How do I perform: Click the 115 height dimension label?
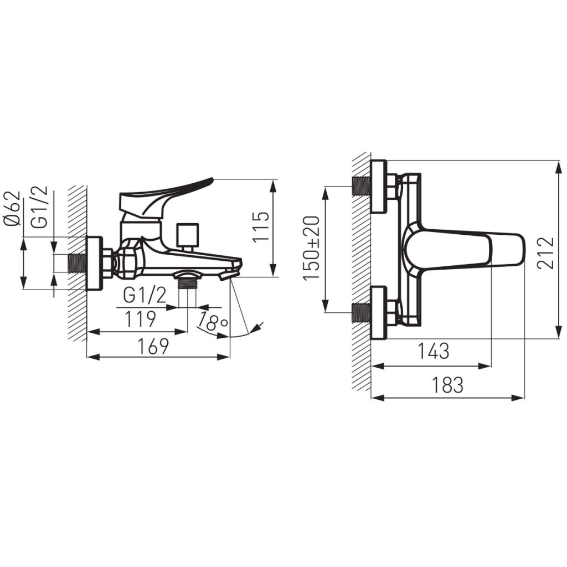pyautogui.click(x=261, y=227)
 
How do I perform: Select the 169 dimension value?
pyautogui.click(x=154, y=346)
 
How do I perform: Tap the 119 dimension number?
pyautogui.click(x=140, y=319)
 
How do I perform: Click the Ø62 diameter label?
pyautogui.click(x=13, y=209)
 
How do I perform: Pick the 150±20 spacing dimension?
pyautogui.click(x=311, y=248)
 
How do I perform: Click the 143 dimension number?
pyautogui.click(x=434, y=350)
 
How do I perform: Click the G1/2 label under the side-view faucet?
pyautogui.click(x=145, y=295)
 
